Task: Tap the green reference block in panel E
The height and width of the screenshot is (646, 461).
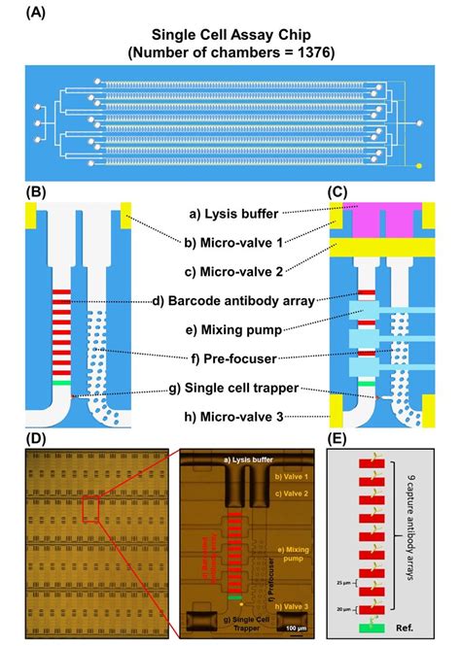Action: (x=369, y=629)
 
